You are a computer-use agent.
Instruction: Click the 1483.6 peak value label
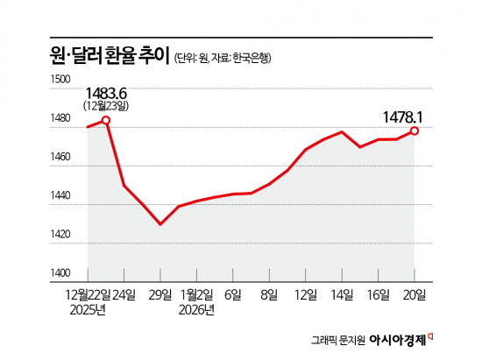click(x=107, y=93)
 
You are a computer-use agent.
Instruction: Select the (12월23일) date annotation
click(x=106, y=106)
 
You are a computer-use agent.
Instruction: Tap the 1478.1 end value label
click(x=405, y=115)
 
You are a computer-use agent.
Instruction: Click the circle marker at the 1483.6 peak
click(x=106, y=120)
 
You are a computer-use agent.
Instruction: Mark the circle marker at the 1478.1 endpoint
click(x=415, y=131)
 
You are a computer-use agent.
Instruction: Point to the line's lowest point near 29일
click(x=160, y=224)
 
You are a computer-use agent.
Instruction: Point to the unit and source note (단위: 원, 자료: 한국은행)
click(x=223, y=59)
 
